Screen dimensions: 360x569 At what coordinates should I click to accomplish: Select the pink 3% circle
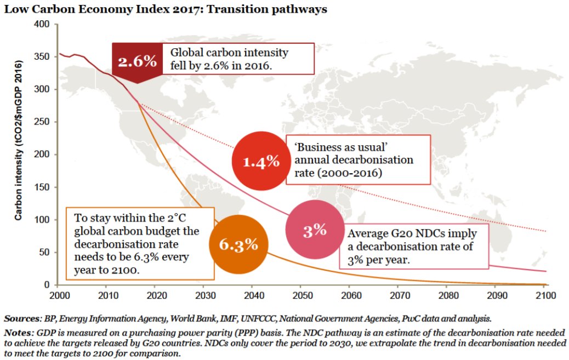point(315,230)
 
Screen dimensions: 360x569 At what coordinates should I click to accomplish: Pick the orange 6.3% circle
point(239,244)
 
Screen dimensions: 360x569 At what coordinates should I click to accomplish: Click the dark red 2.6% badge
point(137,61)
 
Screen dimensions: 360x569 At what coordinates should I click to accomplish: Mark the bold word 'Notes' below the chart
point(19,333)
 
